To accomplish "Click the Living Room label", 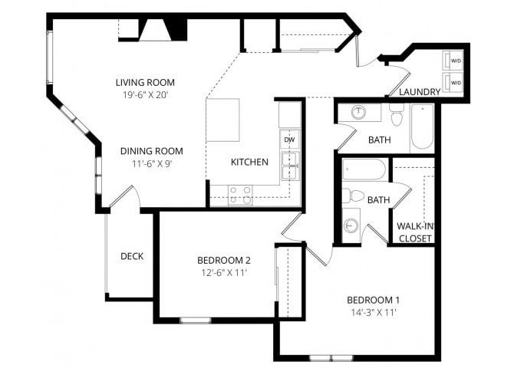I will (x=145, y=82).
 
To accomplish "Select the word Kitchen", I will (x=249, y=162).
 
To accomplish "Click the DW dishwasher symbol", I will (x=289, y=140).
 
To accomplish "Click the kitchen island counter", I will (x=223, y=120).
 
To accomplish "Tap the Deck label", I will (x=132, y=256).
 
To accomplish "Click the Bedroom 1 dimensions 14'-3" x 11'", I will (x=373, y=312).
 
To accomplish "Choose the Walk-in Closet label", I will (x=414, y=232).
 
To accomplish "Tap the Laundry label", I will (x=419, y=92).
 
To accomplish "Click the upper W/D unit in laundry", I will (x=455, y=60).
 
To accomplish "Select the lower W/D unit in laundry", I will (x=455, y=82).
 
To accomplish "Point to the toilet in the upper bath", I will (x=397, y=116).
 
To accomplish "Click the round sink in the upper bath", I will (x=358, y=112).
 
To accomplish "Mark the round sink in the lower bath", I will (x=351, y=225).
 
